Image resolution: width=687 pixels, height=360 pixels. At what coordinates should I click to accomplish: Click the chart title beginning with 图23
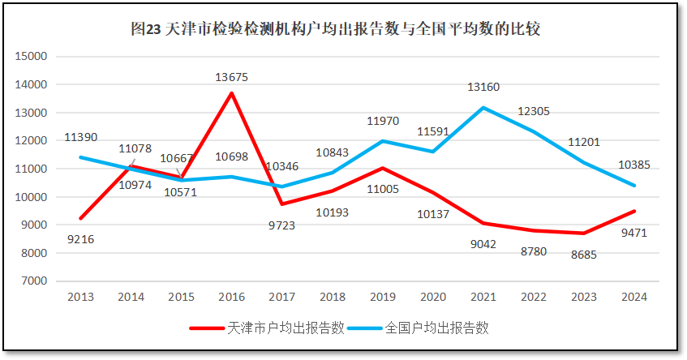click(x=335, y=29)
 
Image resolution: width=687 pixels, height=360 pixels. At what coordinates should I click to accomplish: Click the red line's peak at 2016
click(x=232, y=93)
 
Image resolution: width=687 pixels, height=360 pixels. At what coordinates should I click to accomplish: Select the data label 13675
click(x=232, y=78)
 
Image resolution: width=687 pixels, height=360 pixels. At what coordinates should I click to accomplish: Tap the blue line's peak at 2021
click(x=483, y=108)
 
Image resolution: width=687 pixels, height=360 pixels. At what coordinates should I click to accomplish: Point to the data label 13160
click(x=483, y=87)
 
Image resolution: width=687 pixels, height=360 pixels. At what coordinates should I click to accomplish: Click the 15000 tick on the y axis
click(x=32, y=57)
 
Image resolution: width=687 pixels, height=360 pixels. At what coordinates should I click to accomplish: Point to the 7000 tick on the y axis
click(x=35, y=281)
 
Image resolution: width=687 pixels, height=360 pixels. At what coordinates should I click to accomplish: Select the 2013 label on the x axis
click(x=81, y=297)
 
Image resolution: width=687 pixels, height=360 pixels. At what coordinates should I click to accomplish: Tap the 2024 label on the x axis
click(x=634, y=297)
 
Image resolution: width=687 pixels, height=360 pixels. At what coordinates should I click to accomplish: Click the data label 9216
click(x=80, y=239)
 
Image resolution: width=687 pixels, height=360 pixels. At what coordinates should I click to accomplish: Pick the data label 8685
click(x=584, y=254)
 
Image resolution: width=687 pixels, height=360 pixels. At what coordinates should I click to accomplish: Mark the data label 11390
click(x=81, y=138)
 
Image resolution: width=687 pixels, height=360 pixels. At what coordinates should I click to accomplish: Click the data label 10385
click(x=634, y=164)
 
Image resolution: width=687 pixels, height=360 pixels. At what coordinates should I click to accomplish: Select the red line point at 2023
click(x=584, y=234)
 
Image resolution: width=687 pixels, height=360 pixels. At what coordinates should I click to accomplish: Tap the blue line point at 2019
click(x=383, y=141)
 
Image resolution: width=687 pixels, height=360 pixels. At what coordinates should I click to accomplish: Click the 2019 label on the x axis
click(x=383, y=297)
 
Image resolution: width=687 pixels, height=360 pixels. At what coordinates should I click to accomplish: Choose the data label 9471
click(x=634, y=233)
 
